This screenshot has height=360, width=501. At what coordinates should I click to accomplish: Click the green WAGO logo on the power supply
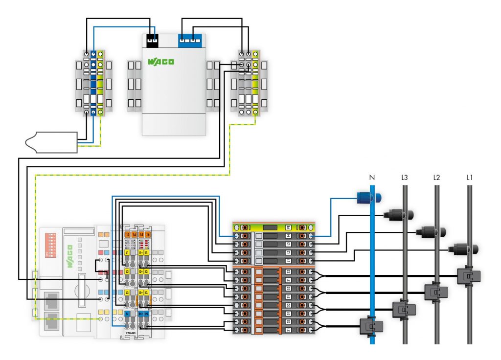(160, 62)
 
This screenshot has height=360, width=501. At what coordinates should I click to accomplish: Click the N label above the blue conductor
(372, 178)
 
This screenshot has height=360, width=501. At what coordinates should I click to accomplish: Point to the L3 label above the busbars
(404, 178)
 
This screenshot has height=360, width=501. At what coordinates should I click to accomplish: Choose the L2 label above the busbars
(437, 178)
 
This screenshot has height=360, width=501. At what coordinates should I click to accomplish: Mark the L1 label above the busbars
(470, 178)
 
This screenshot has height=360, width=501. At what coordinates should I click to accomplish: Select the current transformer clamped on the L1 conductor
(469, 276)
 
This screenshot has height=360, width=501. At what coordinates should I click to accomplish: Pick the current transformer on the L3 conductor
(404, 309)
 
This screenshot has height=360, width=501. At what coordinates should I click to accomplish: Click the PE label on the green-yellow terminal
(288, 227)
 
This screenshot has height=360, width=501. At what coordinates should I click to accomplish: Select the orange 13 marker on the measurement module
(127, 235)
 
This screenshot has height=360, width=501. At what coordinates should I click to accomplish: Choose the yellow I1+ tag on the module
(141, 253)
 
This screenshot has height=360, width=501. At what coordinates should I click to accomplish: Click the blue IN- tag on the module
(147, 314)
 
